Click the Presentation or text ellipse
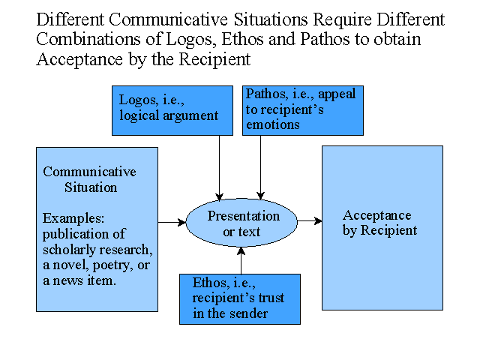[241, 223]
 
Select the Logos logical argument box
[172, 110]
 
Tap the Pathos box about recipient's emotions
[303, 110]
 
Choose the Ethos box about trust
[240, 299]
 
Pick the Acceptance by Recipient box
[382, 228]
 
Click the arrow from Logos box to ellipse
[219, 168]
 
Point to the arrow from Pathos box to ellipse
[260, 168]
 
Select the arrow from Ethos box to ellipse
[241, 260]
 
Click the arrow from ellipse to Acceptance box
[310, 220]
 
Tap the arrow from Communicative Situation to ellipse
[172, 222]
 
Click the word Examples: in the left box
[73, 218]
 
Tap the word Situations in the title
[271, 19]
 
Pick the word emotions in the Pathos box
[273, 125]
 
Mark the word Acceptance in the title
[79, 60]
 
